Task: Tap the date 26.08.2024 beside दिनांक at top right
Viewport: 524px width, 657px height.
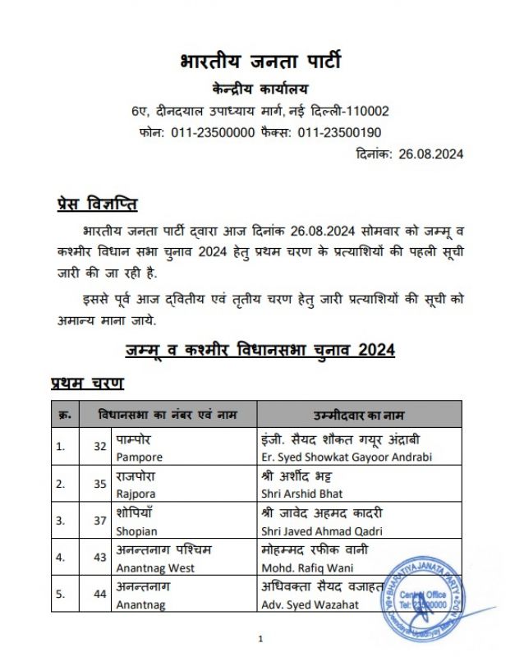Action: click(430, 154)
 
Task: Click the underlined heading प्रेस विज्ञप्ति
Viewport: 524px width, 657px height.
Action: click(96, 204)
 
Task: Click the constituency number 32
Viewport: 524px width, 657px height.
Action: click(100, 447)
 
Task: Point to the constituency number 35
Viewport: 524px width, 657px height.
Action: click(100, 484)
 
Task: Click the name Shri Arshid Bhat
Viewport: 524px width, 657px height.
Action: click(301, 494)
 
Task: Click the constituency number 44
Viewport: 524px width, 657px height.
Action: click(100, 595)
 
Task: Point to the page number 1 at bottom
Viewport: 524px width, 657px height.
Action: click(260, 638)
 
